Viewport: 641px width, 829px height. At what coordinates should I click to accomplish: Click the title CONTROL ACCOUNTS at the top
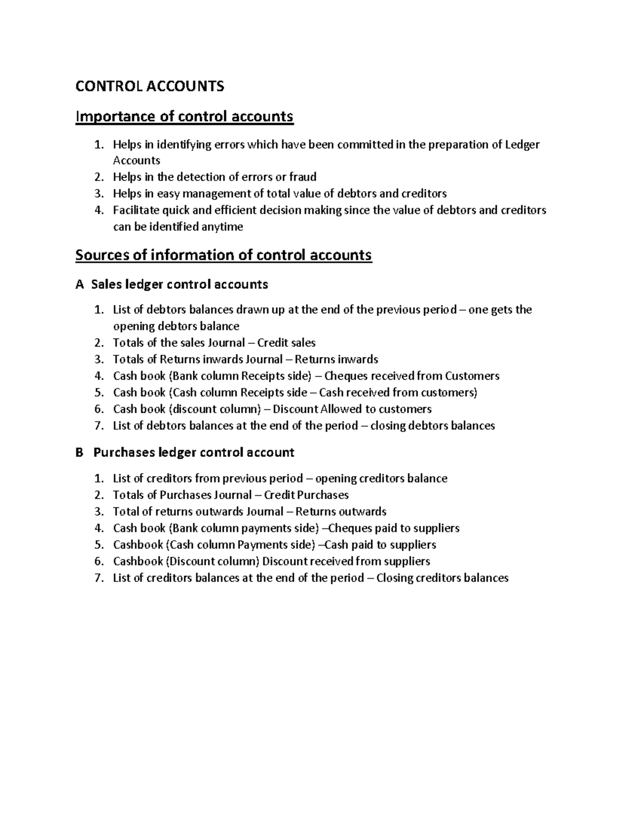150,86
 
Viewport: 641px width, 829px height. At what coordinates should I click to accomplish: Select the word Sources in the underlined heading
102,255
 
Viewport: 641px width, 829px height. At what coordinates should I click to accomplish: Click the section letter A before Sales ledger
80,285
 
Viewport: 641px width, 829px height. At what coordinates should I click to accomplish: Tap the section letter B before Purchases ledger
80,453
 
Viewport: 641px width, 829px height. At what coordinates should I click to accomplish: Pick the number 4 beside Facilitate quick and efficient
98,210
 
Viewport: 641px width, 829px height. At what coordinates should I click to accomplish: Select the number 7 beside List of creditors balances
98,578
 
